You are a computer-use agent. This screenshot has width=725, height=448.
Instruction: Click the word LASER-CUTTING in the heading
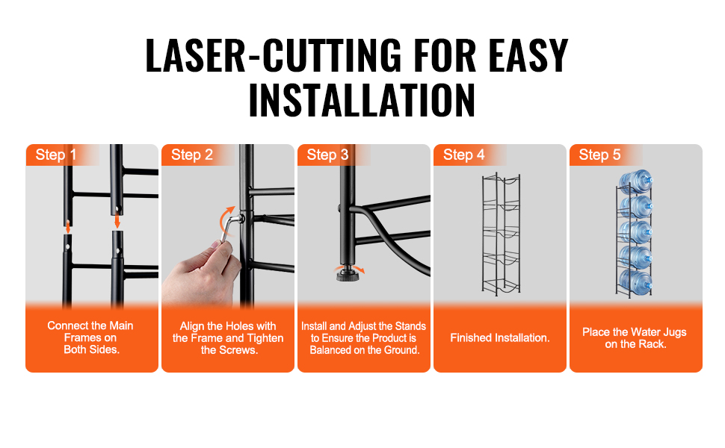pos(274,55)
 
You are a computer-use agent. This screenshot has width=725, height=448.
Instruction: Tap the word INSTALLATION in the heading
pos(362,100)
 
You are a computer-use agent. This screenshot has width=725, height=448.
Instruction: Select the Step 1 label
pos(56,155)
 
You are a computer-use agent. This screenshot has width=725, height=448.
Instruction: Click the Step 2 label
pos(192,155)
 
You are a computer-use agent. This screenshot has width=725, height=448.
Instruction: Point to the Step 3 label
pos(328,155)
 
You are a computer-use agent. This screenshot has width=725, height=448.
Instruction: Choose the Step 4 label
pos(463,155)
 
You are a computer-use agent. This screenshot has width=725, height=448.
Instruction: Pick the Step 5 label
pos(599,155)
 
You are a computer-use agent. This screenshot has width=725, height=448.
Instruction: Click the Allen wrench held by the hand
pos(229,228)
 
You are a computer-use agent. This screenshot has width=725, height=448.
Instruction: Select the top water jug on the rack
pos(636,181)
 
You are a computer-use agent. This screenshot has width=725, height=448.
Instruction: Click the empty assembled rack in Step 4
pos(501,234)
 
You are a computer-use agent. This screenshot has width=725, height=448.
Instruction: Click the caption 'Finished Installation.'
pos(500,338)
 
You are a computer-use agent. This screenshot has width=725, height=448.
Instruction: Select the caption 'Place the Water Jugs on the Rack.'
pos(635,338)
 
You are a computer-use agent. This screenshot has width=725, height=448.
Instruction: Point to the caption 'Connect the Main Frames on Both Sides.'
pos(90,337)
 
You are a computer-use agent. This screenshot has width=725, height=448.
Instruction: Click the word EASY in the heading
pos(528,56)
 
